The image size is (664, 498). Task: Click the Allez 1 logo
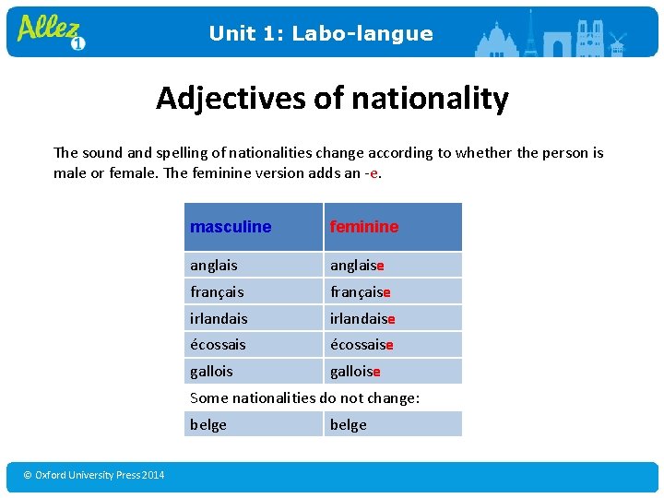(x=52, y=31)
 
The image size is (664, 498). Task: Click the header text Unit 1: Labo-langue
(x=320, y=34)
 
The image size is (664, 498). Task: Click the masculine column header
(x=231, y=227)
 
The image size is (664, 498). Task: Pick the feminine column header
(x=364, y=227)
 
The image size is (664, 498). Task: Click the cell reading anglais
(x=214, y=266)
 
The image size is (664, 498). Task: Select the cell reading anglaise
(x=357, y=266)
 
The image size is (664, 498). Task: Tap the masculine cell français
(x=217, y=292)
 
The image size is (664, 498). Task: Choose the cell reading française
(x=360, y=292)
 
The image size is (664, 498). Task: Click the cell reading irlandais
(x=219, y=319)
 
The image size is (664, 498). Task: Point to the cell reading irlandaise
(x=362, y=319)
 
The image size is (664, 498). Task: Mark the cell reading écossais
(x=218, y=345)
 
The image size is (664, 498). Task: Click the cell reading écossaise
(x=362, y=345)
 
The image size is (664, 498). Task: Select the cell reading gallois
(x=211, y=372)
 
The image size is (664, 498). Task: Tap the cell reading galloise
(x=355, y=372)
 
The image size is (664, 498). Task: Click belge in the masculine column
(x=208, y=424)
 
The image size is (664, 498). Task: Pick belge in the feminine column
(x=349, y=424)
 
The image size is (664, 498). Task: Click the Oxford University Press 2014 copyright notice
(x=94, y=475)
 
